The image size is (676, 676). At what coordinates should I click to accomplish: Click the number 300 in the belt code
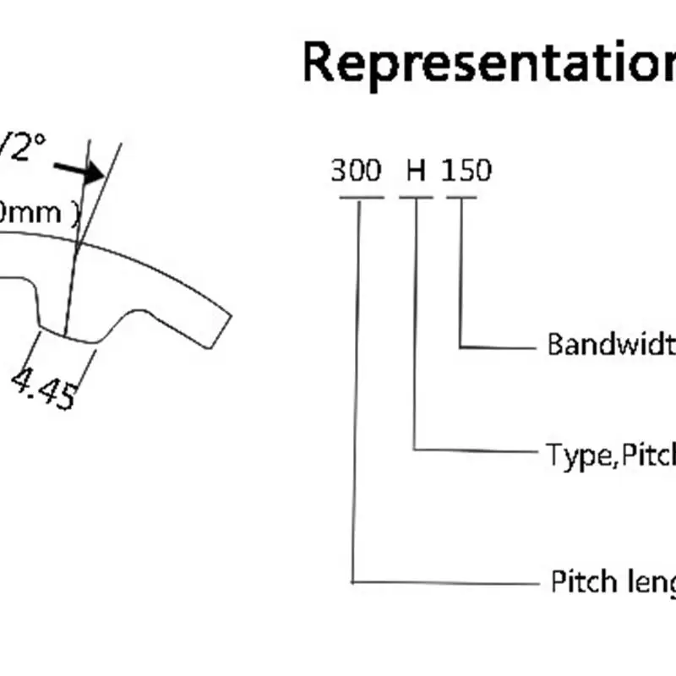coord(357,172)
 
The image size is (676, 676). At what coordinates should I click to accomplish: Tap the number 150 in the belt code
coord(466,172)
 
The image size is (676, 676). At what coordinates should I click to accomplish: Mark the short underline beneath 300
coord(361,199)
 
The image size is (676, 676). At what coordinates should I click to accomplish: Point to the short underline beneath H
coord(416,199)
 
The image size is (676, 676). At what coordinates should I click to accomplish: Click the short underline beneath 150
coord(462,199)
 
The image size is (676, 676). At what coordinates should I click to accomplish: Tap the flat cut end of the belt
coord(221,330)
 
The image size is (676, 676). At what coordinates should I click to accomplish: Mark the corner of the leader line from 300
coord(352,581)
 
